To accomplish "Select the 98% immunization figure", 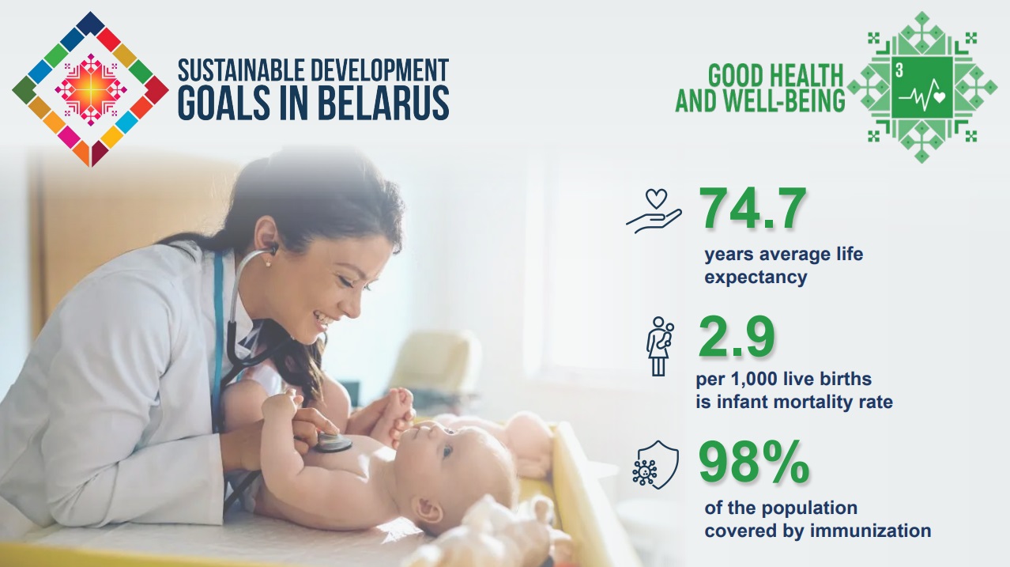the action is pos(754,462).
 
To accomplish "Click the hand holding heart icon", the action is pos(654,211).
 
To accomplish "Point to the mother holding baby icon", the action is pos(660,346).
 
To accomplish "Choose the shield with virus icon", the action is pos(655,465).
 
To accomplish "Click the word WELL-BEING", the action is pos(786,100).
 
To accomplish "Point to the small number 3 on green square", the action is pos(899,70).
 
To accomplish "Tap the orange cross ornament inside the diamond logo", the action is pos(91,90).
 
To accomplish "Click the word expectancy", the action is pos(756,277).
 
